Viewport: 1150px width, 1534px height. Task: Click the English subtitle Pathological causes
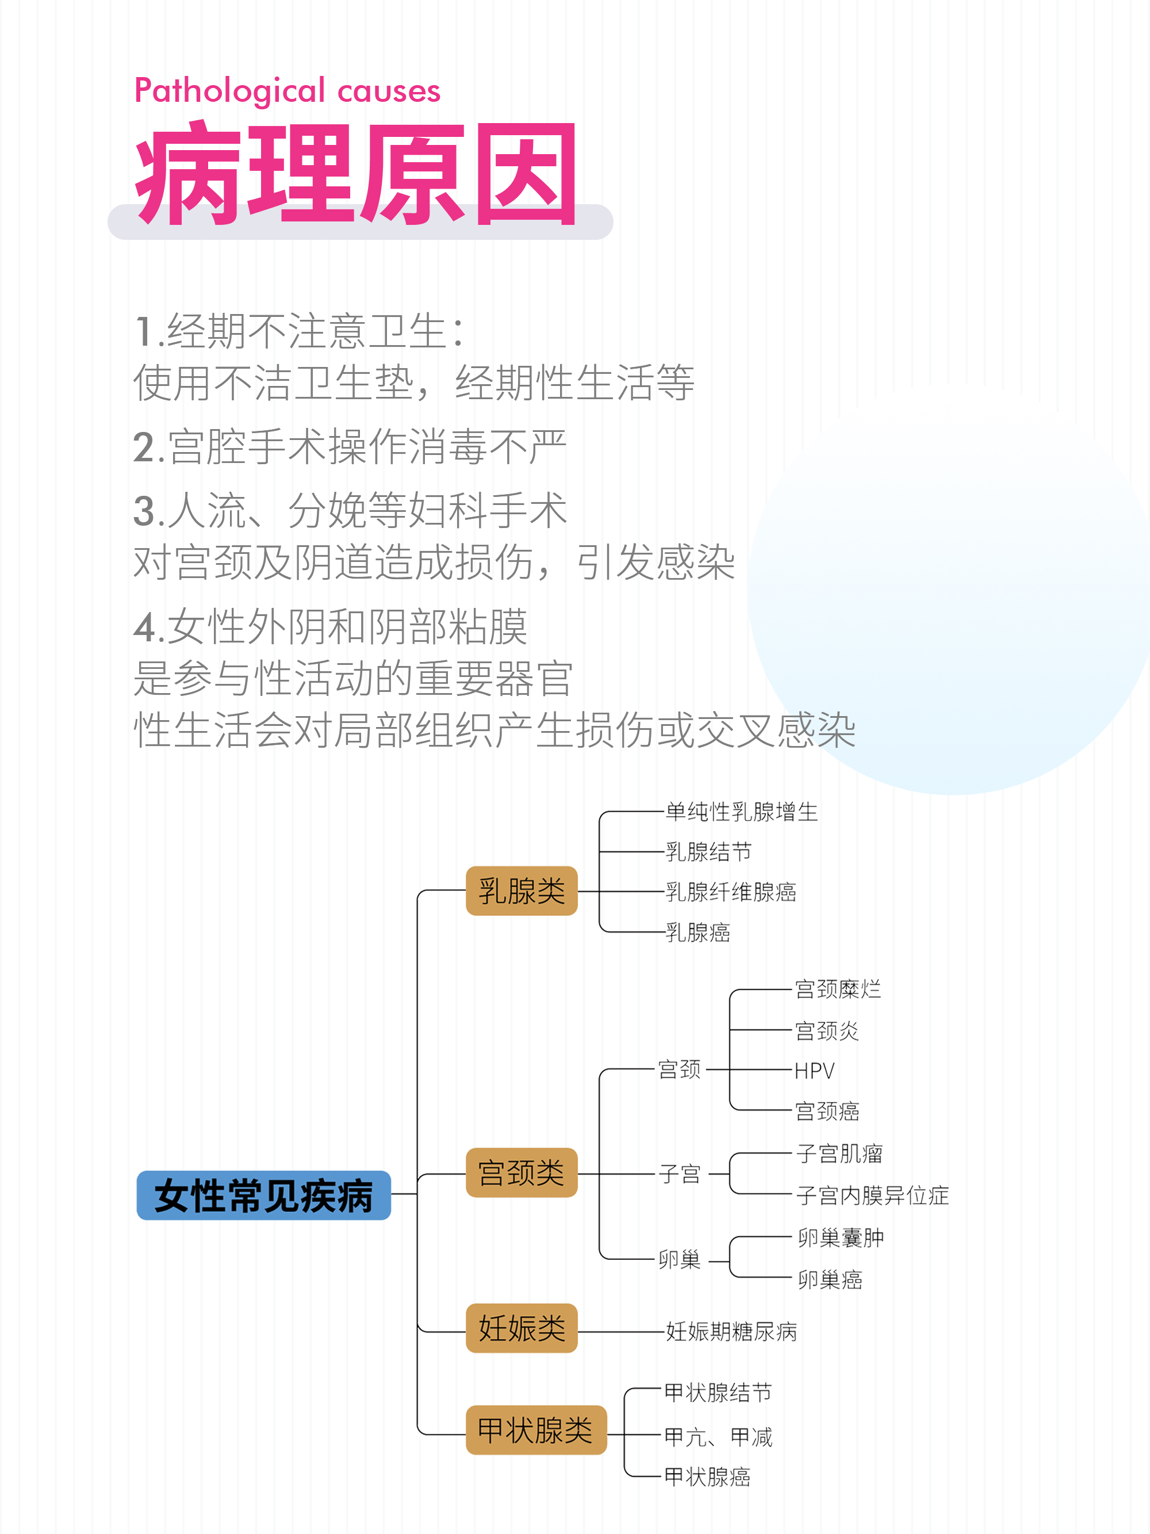pyautogui.click(x=287, y=91)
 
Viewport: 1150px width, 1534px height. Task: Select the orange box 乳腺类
pyautogui.click(x=522, y=890)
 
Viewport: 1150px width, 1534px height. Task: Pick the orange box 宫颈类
pyautogui.click(x=522, y=1173)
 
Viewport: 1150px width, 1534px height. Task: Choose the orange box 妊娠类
pyautogui.click(x=522, y=1328)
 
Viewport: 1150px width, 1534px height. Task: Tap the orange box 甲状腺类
pyautogui.click(x=536, y=1430)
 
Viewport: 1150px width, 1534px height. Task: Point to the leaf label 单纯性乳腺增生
pyautogui.click(x=742, y=812)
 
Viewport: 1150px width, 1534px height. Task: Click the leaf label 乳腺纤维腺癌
pyautogui.click(x=731, y=892)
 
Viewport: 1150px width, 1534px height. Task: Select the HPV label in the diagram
pyautogui.click(x=815, y=1071)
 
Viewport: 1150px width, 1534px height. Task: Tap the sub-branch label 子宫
pyautogui.click(x=679, y=1174)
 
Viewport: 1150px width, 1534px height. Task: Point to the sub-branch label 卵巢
pyautogui.click(x=679, y=1258)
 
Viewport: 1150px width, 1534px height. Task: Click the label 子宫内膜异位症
pyautogui.click(x=872, y=1195)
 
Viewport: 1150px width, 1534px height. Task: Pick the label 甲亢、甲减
pyautogui.click(x=718, y=1436)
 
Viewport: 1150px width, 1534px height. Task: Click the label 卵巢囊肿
pyautogui.click(x=840, y=1238)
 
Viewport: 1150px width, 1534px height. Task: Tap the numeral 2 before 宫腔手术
pyautogui.click(x=144, y=447)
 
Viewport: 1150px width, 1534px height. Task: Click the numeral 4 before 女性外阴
pyautogui.click(x=145, y=627)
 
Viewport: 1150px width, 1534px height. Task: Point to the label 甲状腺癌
pyautogui.click(x=707, y=1476)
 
